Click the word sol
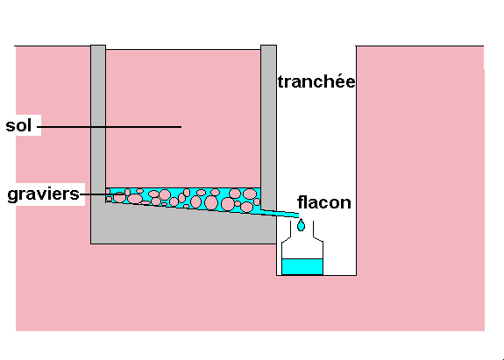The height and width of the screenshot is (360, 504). point(18,125)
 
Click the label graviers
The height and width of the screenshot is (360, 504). point(44,194)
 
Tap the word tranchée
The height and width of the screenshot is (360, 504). point(316,81)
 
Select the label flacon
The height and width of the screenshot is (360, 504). point(324,202)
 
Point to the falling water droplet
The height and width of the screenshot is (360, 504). point(301,225)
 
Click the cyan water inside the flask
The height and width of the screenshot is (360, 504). point(302,266)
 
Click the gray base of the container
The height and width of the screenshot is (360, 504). point(183,228)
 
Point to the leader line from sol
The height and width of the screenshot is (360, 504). point(110,127)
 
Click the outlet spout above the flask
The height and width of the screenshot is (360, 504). point(280,213)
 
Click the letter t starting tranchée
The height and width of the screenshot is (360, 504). point(280,81)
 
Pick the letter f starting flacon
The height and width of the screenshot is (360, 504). point(301,202)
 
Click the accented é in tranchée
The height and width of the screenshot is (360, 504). point(341,81)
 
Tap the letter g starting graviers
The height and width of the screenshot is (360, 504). point(12,195)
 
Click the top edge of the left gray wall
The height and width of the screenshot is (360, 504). point(98,46)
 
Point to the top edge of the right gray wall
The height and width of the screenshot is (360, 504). point(268,46)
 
